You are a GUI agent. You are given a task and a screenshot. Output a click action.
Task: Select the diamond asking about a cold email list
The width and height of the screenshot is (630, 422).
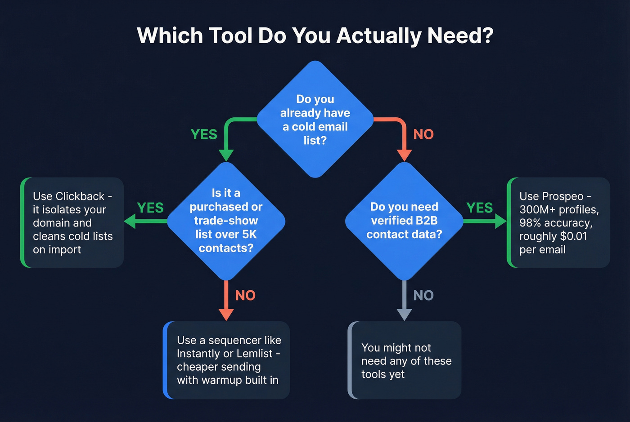[315, 120]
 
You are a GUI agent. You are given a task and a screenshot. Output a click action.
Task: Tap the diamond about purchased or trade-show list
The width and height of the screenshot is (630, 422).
[226, 221]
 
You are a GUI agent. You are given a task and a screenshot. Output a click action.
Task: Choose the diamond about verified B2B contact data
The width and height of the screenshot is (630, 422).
[404, 221]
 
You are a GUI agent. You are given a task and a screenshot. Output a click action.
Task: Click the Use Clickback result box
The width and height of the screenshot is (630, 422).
[72, 223]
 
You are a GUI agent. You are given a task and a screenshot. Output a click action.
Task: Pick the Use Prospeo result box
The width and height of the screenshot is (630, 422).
[558, 223]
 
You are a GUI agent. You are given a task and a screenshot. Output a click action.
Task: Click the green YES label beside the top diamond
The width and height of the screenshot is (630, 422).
[204, 134]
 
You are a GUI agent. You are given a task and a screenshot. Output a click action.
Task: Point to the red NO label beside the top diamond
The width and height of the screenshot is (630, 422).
[423, 134]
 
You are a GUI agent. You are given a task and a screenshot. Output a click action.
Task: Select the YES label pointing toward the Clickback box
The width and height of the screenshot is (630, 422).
[150, 208]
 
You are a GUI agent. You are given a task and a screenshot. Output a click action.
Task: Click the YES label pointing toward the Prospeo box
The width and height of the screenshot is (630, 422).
[480, 208]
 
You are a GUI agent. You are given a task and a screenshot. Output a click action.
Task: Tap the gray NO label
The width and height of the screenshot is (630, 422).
[423, 295]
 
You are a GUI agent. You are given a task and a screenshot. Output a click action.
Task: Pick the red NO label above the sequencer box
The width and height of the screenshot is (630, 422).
[245, 295]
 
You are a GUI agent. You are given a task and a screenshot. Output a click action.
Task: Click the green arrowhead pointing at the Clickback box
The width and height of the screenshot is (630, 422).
[130, 221]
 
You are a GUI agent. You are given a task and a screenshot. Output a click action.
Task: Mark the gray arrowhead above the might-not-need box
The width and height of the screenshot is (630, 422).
[404, 315]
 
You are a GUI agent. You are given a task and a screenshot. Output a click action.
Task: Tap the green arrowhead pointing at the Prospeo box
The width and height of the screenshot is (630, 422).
[501, 221]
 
